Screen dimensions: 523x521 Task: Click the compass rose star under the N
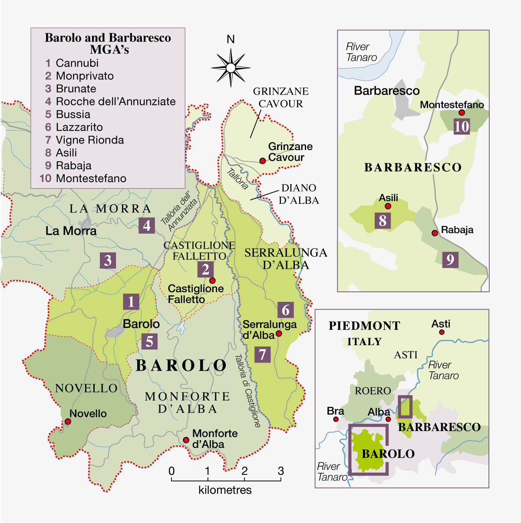click(x=231, y=68)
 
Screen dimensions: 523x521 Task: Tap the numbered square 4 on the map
click(x=147, y=226)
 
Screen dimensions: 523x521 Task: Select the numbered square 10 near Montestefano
click(x=462, y=127)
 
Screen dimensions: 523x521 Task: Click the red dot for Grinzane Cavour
click(x=262, y=161)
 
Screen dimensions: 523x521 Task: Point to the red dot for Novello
click(x=68, y=422)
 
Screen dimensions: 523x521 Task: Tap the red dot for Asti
click(x=442, y=332)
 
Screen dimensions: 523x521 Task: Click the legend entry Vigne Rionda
click(x=89, y=140)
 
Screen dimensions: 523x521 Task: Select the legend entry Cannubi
click(x=77, y=63)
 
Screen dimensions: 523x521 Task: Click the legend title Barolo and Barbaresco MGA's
click(x=108, y=43)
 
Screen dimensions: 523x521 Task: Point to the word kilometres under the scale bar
click(x=225, y=490)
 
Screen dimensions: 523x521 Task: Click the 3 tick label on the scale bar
click(x=281, y=471)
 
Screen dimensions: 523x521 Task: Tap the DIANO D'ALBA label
click(x=299, y=194)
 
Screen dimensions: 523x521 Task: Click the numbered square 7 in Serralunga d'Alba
click(x=262, y=355)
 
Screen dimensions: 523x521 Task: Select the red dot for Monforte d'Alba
click(x=186, y=440)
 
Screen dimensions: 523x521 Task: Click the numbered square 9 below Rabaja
click(x=450, y=260)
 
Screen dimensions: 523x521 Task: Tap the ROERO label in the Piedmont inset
click(x=373, y=391)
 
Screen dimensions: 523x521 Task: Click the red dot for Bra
click(x=336, y=419)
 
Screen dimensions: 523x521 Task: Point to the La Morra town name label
click(x=71, y=231)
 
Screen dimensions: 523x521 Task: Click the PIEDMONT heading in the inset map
click(x=364, y=326)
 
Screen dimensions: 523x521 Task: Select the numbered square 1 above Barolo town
click(x=131, y=301)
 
